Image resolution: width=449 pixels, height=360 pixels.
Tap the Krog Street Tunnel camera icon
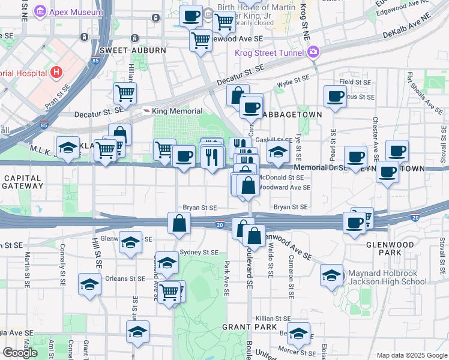click(x=313, y=52)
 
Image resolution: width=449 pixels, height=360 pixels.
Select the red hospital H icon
click(x=56, y=73)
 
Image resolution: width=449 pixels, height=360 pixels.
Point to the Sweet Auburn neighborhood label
click(x=133, y=50)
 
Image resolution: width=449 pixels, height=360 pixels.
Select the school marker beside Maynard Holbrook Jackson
click(x=331, y=275)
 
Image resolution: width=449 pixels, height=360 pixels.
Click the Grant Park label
click(x=240, y=327)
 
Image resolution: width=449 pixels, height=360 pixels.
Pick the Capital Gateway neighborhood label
click(x=22, y=182)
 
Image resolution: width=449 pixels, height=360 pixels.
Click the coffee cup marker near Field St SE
click(x=335, y=96)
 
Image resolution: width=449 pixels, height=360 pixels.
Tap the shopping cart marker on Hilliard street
click(x=125, y=93)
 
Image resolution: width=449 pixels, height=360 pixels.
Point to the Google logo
click(x=20, y=353)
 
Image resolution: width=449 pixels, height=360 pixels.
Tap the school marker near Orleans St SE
click(x=89, y=284)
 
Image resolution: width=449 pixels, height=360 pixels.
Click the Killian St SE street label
click(x=273, y=319)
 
